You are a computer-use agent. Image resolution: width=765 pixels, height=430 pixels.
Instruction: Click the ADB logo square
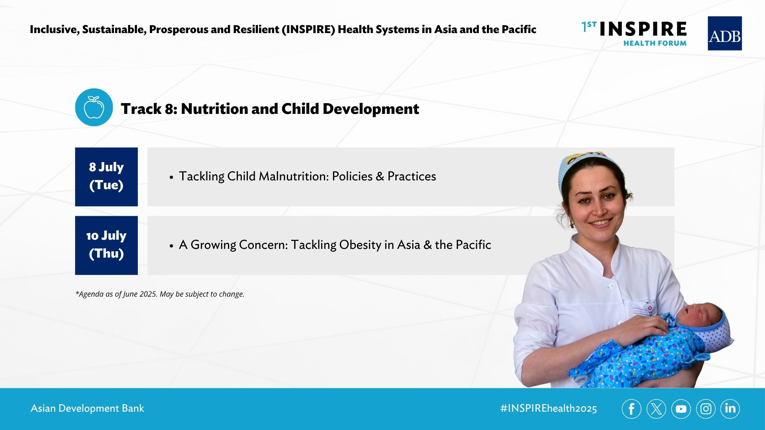(x=724, y=33)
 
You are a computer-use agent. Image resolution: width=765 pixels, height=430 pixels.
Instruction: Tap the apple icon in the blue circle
(x=94, y=107)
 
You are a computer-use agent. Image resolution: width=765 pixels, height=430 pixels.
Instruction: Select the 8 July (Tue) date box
(x=106, y=177)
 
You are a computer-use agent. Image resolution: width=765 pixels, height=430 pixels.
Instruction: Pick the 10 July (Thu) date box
(x=106, y=245)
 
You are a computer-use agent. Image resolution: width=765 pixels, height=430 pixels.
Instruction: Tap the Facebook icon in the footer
(x=632, y=409)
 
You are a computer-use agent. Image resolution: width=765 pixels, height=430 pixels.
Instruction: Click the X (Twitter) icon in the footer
(x=656, y=409)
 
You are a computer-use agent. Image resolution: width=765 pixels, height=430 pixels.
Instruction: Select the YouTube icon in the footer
(x=681, y=409)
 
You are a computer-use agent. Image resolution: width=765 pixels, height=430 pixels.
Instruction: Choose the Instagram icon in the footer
(x=706, y=409)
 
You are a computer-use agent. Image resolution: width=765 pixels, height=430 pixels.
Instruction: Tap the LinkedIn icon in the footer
(x=730, y=409)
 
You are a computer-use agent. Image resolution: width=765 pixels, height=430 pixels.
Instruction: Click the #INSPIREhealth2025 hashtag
(x=549, y=408)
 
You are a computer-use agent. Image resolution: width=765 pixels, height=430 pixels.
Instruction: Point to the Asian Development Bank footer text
(x=87, y=408)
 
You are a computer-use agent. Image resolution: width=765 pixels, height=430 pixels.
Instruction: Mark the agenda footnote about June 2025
(x=160, y=294)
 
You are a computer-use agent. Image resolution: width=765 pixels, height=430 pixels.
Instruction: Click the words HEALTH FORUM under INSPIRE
(x=655, y=43)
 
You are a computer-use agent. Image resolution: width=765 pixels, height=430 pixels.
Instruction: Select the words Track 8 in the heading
(x=149, y=109)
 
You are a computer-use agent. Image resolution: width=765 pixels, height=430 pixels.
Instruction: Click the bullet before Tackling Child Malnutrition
(x=171, y=177)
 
